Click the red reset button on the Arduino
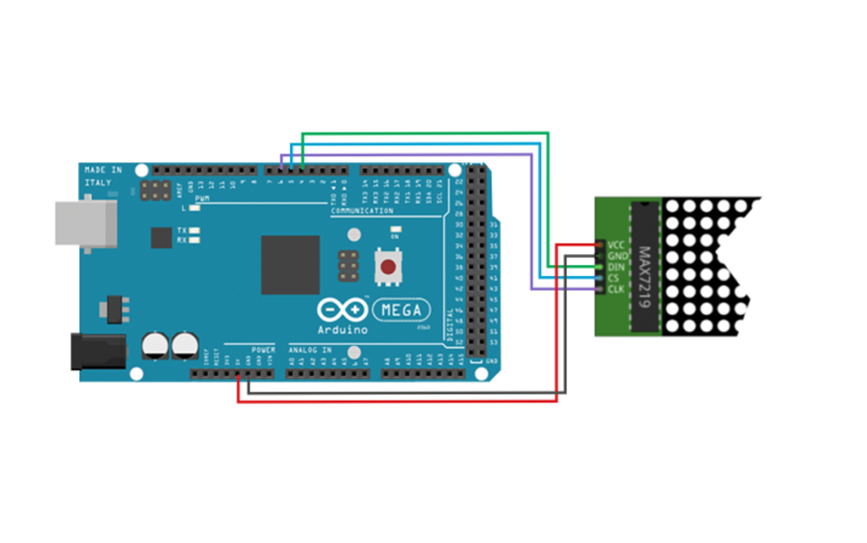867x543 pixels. pos(388,265)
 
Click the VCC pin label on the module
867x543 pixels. pos(616,245)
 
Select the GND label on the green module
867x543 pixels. pos(617,256)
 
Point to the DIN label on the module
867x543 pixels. pos(616,267)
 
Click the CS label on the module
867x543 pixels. pos(614,278)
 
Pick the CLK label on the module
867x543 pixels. pos(616,289)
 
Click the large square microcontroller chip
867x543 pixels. pos(290,264)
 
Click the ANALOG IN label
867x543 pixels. pos(311,350)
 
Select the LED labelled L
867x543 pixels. pos(195,209)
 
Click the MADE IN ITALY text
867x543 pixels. pos(103,175)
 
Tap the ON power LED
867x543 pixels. pos(394,233)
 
